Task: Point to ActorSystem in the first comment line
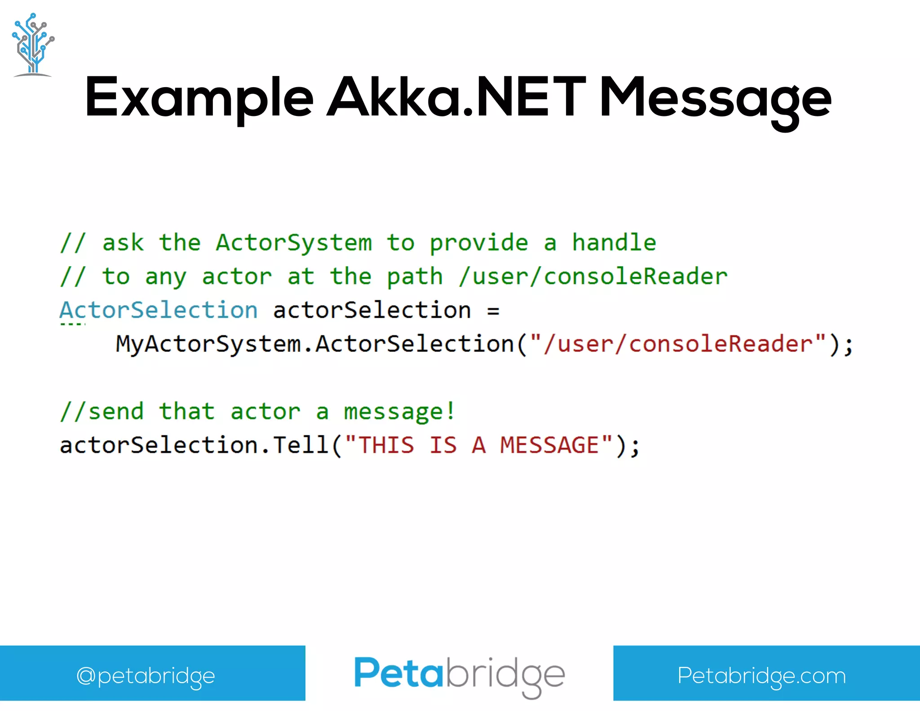tap(294, 243)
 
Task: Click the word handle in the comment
tap(614, 243)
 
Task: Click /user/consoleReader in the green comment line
tap(593, 276)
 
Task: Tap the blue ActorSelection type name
tap(159, 310)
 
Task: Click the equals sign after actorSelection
tap(493, 311)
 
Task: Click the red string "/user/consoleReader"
tap(678, 344)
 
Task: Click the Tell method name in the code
tap(301, 445)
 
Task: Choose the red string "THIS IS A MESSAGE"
tap(479, 445)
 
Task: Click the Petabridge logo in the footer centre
tap(459, 674)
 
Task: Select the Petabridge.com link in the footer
tap(761, 675)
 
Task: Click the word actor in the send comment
tap(265, 412)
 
